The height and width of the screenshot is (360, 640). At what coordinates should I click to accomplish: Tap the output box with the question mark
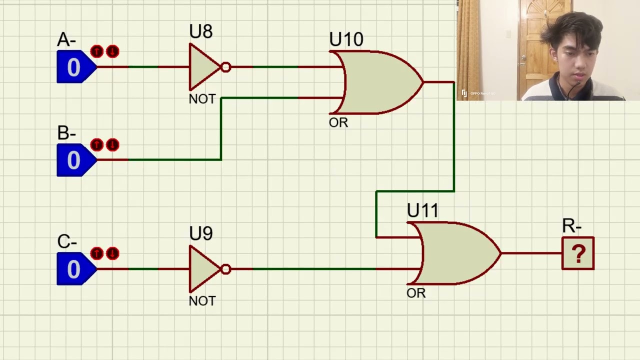tap(578, 253)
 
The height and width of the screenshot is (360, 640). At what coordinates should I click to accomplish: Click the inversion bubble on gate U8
tap(225, 67)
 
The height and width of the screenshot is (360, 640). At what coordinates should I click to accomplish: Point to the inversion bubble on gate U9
tap(225, 269)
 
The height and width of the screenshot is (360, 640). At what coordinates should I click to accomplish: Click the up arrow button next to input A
tap(96, 51)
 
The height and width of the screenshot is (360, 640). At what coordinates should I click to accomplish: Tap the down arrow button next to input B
tap(112, 145)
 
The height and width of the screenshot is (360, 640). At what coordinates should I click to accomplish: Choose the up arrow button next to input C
tap(96, 253)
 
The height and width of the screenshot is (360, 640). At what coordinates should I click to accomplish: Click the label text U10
tap(346, 40)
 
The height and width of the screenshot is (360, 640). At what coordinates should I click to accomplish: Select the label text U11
tap(422, 211)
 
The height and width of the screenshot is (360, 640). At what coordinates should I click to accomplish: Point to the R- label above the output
tap(571, 226)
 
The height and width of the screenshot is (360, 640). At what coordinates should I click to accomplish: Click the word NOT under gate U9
tap(202, 301)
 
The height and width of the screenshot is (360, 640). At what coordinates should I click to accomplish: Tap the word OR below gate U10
tap(338, 123)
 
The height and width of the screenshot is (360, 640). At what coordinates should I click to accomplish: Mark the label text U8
tap(200, 32)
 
